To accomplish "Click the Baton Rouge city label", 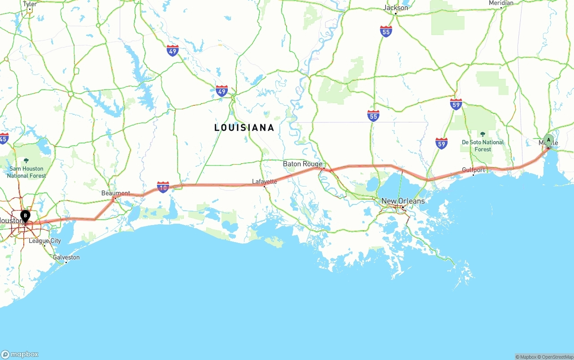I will (x=302, y=164).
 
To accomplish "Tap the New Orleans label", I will (x=403, y=201).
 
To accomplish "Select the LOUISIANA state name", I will (x=244, y=128).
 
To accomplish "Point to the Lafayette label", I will (x=264, y=182).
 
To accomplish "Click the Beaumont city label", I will (x=115, y=193).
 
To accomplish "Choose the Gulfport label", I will (x=474, y=170).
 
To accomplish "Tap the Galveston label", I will (x=66, y=257).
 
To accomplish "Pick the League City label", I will (x=45, y=241).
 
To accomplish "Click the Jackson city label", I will (x=396, y=8).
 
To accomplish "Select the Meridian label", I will (x=501, y=3).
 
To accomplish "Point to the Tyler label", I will (x=30, y=4).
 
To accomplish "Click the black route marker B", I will (x=26, y=216).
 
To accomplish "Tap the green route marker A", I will (x=548, y=140).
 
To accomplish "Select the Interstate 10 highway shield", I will (x=163, y=187).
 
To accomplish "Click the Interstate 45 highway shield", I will (x=4, y=138).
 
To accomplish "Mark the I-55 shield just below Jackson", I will (x=386, y=31).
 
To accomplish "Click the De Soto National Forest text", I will (x=483, y=146).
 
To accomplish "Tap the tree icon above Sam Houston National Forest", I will (x=26, y=160).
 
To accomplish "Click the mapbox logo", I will (x=20, y=354).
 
